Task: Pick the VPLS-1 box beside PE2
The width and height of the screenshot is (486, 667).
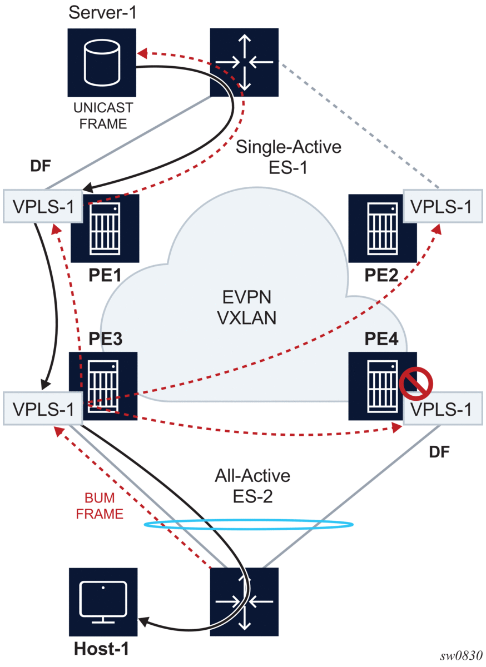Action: tap(443, 207)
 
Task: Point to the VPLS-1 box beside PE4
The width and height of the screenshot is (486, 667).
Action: tap(443, 410)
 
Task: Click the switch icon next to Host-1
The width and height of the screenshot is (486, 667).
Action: tap(244, 602)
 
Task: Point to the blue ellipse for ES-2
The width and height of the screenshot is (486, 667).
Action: tap(249, 524)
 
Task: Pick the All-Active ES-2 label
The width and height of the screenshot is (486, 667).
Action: tap(253, 485)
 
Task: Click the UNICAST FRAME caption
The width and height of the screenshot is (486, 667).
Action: tap(103, 116)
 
